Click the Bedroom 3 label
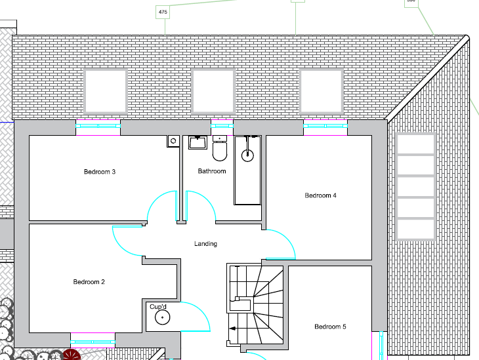click(x=100, y=172)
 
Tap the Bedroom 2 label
click(x=89, y=282)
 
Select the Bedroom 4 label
click(x=321, y=195)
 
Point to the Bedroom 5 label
click(x=330, y=327)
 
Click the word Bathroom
click(x=212, y=171)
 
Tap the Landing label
click(x=205, y=244)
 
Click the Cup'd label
click(x=159, y=306)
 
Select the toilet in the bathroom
click(x=220, y=150)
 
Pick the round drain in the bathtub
click(x=247, y=155)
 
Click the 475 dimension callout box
click(x=163, y=12)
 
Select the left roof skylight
click(x=106, y=91)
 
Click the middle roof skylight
click(x=213, y=91)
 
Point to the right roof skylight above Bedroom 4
click(x=322, y=91)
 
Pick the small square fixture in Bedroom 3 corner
click(x=173, y=140)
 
